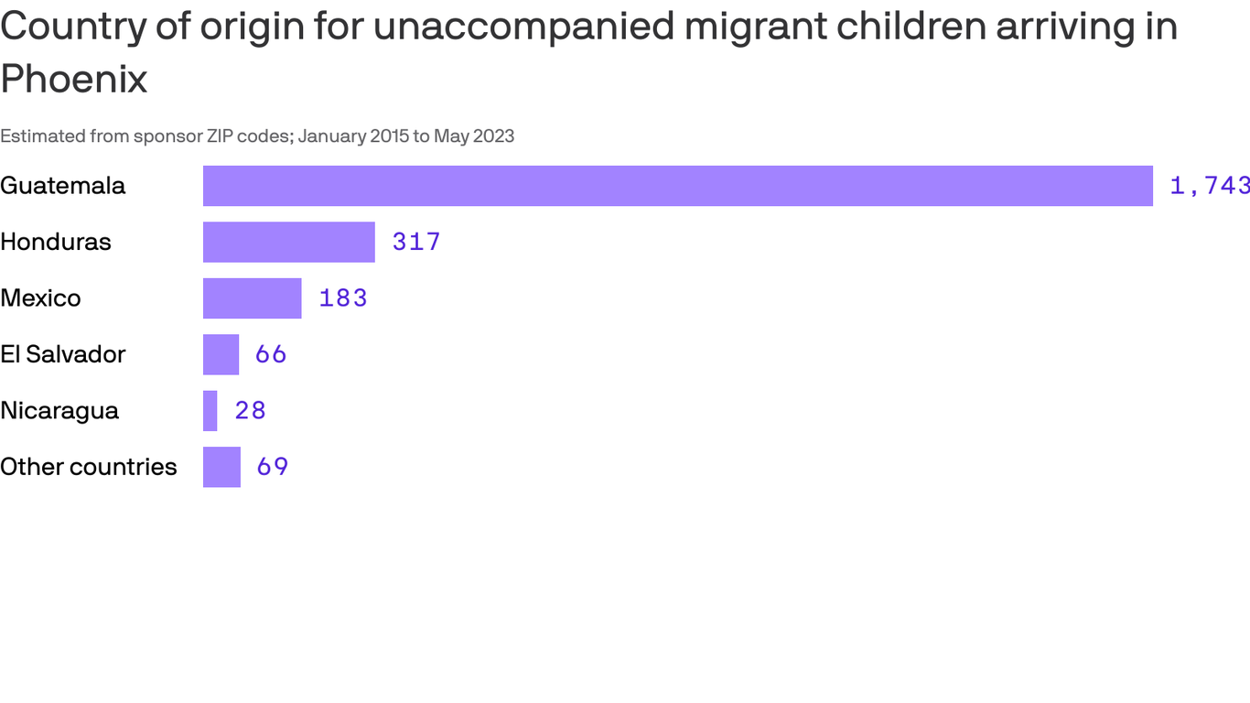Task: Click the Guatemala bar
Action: [x=677, y=186]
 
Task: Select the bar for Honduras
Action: [x=289, y=242]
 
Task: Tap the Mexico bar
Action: [x=253, y=298]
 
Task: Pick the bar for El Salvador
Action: [x=221, y=354]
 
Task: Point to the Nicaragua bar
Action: [x=210, y=411]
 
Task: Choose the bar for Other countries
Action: [x=221, y=467]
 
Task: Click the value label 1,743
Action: [x=1209, y=186]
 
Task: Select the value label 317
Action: [x=416, y=242]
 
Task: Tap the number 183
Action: [x=343, y=298]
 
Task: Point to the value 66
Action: [x=271, y=354]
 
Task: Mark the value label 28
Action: [x=250, y=411]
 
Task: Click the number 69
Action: [x=273, y=467]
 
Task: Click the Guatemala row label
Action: [x=62, y=186]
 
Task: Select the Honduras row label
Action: [x=56, y=242]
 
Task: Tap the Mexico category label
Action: [x=40, y=298]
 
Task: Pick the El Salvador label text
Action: [x=62, y=354]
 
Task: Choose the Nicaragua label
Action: [x=59, y=411]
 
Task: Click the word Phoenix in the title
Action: [x=73, y=80]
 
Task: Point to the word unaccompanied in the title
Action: [x=523, y=27]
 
